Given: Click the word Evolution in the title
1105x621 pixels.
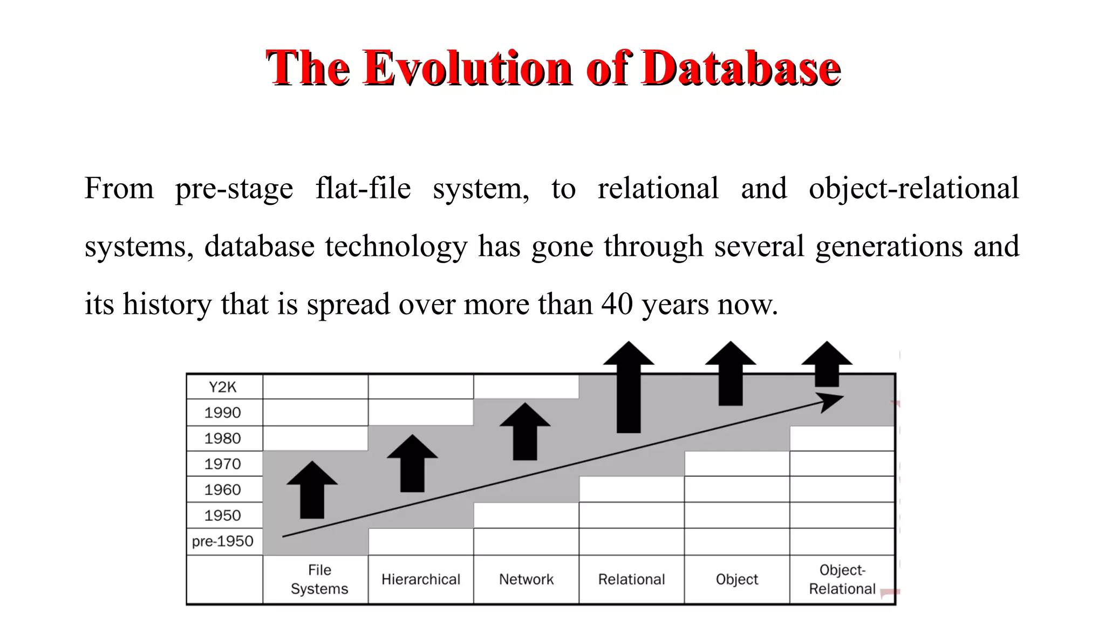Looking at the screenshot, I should click(467, 68).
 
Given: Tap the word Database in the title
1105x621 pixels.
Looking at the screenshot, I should click(740, 68).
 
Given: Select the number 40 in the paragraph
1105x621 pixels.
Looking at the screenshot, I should click(617, 304).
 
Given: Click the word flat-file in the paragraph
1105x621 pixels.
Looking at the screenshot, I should click(363, 189).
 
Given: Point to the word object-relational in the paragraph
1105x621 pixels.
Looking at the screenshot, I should click(913, 189).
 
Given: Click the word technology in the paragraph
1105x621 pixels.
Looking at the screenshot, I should click(396, 246).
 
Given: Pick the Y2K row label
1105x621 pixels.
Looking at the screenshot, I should click(222, 387).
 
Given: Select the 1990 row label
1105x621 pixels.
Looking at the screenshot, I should click(222, 413).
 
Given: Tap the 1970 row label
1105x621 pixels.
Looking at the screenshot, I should click(222, 464).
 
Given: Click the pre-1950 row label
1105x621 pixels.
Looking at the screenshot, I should click(222, 541).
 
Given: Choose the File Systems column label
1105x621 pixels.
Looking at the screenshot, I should click(319, 579).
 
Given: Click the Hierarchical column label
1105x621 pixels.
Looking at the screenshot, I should click(421, 579).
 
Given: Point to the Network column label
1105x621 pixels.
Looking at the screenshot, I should click(526, 579).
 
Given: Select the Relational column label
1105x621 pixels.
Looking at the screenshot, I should click(631, 579).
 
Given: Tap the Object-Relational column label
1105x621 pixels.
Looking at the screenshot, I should click(842, 579).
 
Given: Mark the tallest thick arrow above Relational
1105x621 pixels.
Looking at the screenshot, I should click(629, 388).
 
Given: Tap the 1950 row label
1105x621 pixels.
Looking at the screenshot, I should click(222, 515).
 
